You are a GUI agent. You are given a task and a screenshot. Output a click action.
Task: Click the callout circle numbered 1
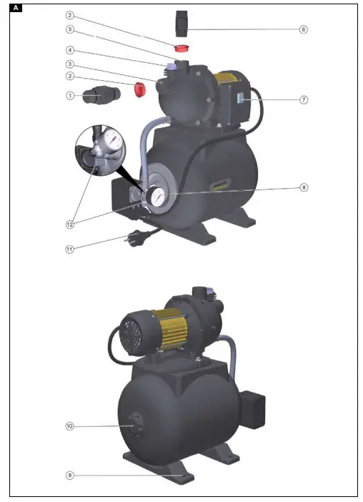pyautogui.click(x=70, y=95)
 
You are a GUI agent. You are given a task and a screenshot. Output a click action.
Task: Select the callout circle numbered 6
pyautogui.click(x=303, y=30)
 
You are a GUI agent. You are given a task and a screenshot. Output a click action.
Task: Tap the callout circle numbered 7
pyautogui.click(x=303, y=99)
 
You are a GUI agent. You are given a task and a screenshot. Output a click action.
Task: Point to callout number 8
pyautogui.click(x=303, y=188)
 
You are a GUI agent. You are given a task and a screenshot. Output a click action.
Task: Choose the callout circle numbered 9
pyautogui.click(x=70, y=475)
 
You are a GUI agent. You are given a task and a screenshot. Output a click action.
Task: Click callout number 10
pyautogui.click(x=70, y=426)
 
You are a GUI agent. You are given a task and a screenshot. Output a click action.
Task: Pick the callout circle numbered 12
pyautogui.click(x=70, y=224)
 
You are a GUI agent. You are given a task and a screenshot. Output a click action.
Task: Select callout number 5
pyautogui.click(x=70, y=30)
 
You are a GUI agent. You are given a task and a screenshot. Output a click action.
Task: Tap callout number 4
pyautogui.click(x=70, y=50)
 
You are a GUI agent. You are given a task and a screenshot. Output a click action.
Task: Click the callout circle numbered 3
pyautogui.click(x=70, y=64)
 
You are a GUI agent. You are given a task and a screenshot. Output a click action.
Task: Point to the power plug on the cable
pyautogui.click(x=134, y=237)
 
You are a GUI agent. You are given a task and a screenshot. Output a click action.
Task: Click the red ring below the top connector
pyautogui.click(x=182, y=49)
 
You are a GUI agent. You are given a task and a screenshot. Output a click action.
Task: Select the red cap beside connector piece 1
pyautogui.click(x=140, y=89)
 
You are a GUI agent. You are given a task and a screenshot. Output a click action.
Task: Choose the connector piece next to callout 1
pyautogui.click(x=99, y=95)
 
